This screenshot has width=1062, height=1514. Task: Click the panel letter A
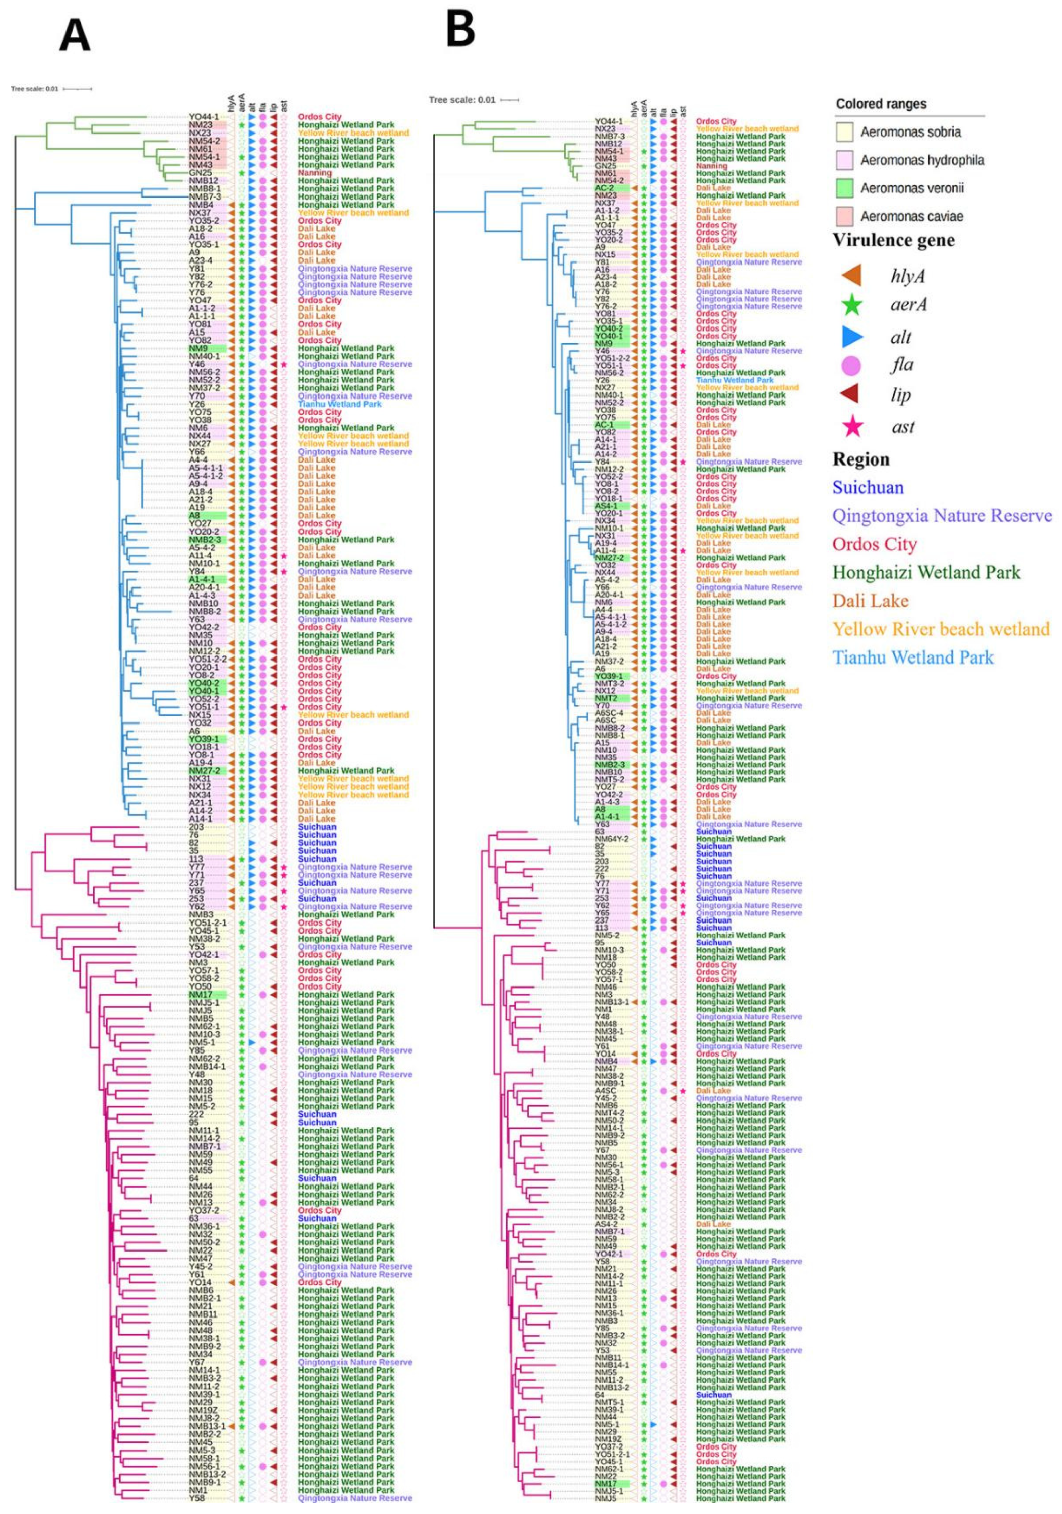75,36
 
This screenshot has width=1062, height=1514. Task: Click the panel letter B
459,30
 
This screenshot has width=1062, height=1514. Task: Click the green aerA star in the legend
852,305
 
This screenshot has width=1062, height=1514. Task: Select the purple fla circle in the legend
852,365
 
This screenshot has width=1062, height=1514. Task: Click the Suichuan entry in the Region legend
868,487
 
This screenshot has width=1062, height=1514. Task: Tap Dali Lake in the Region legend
870,601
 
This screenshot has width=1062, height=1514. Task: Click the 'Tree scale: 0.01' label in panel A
34,88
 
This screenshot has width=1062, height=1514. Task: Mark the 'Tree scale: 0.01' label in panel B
461,100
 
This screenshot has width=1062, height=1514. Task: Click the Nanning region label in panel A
314,173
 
